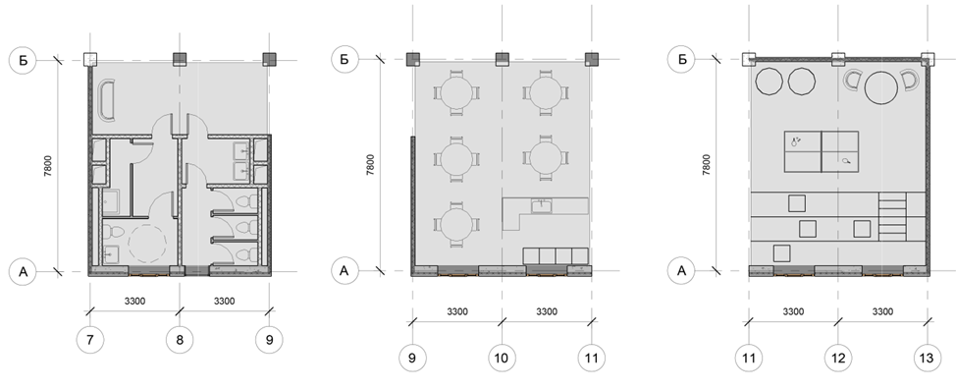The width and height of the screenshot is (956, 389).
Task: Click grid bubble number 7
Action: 90,340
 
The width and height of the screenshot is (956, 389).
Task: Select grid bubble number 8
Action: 180,340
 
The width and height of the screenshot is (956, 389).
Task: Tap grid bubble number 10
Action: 502,358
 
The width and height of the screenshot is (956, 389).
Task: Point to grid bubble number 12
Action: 837,358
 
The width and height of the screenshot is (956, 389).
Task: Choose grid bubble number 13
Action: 927,358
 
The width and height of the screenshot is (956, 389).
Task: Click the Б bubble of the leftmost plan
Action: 24,60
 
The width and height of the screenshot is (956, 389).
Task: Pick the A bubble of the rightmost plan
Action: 681,271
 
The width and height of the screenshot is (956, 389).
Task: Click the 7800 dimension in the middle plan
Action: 371,165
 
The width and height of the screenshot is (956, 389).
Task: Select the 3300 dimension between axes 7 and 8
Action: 134,302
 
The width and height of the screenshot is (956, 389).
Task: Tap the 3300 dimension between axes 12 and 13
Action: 882,311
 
